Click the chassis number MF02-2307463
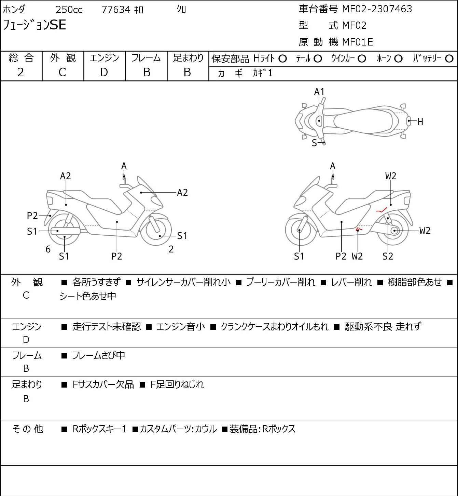377,9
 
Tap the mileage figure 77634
116,10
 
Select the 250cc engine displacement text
69,10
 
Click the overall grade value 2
21,73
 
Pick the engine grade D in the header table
104,73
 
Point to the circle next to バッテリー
449,58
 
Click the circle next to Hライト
282,58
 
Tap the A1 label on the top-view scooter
319,92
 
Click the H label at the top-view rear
420,122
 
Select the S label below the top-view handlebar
314,143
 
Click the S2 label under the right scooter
388,256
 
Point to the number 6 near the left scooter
48,249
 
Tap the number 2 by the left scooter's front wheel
171,249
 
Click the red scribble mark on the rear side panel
382,210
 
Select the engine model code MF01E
358,42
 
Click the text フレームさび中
98,355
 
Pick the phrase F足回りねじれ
177,384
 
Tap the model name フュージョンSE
34,25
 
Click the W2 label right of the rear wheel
425,231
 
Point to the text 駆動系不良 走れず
383,326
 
